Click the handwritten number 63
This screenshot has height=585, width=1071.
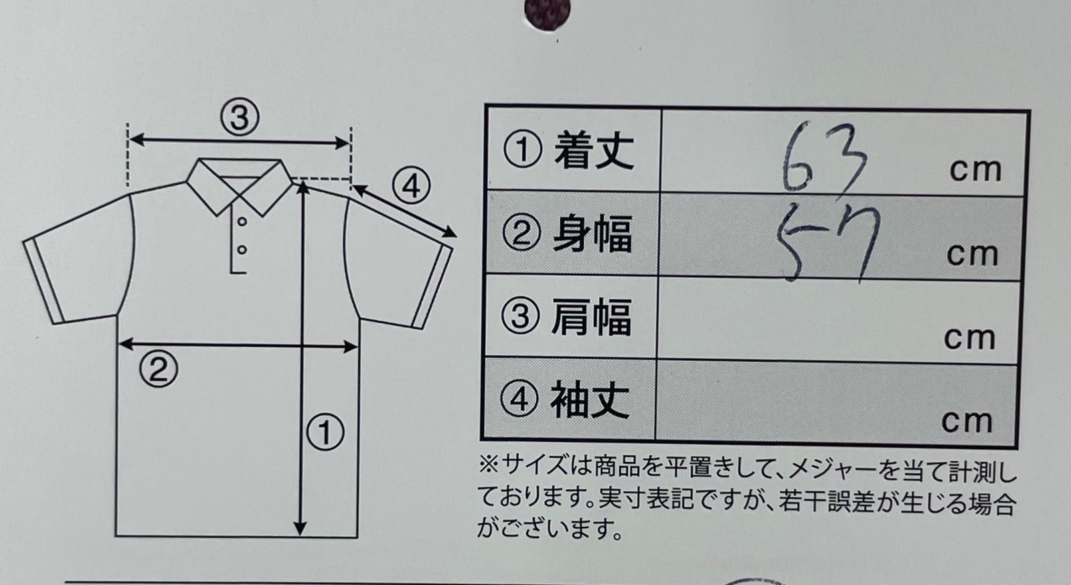(825, 158)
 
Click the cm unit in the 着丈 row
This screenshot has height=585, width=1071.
(975, 171)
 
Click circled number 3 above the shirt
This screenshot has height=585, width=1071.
(240, 118)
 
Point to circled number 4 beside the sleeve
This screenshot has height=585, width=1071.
(411, 185)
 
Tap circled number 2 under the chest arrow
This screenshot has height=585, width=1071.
(159, 369)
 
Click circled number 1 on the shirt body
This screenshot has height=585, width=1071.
(325, 432)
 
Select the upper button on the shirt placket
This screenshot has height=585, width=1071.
(242, 222)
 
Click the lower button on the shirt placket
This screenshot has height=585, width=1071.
(242, 250)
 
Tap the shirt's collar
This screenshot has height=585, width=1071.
(240, 184)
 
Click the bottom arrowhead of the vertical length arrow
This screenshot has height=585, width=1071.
(301, 529)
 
